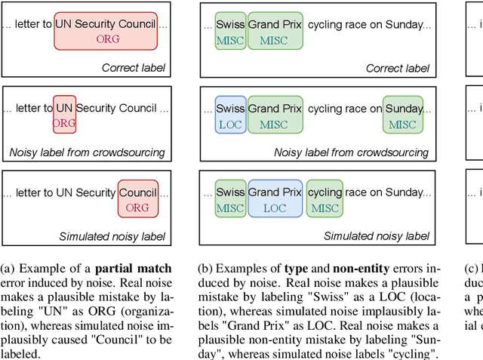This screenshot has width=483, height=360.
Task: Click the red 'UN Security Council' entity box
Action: (106, 31)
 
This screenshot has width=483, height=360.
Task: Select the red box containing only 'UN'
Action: (64, 115)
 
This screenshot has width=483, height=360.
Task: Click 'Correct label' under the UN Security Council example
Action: (134, 69)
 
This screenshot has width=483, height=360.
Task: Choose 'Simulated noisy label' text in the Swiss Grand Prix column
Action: (376, 236)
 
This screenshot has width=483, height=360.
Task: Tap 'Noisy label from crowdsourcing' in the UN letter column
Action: (87, 152)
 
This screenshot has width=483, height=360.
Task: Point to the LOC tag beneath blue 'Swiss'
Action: (230, 124)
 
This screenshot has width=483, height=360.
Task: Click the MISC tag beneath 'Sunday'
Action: (403, 124)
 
